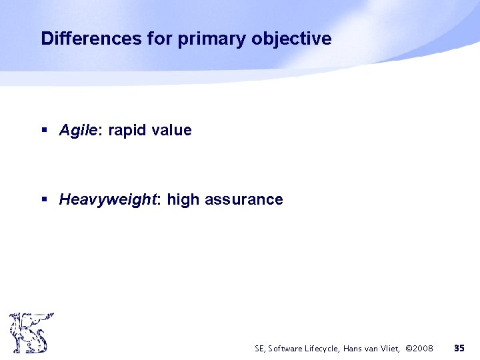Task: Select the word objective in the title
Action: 291,39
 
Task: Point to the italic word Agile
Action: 78,131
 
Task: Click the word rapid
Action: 127,131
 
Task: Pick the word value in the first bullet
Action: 171,131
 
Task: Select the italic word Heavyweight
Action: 107,199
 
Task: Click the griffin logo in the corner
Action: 29,333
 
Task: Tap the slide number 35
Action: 459,348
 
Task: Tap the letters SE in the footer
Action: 259,348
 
